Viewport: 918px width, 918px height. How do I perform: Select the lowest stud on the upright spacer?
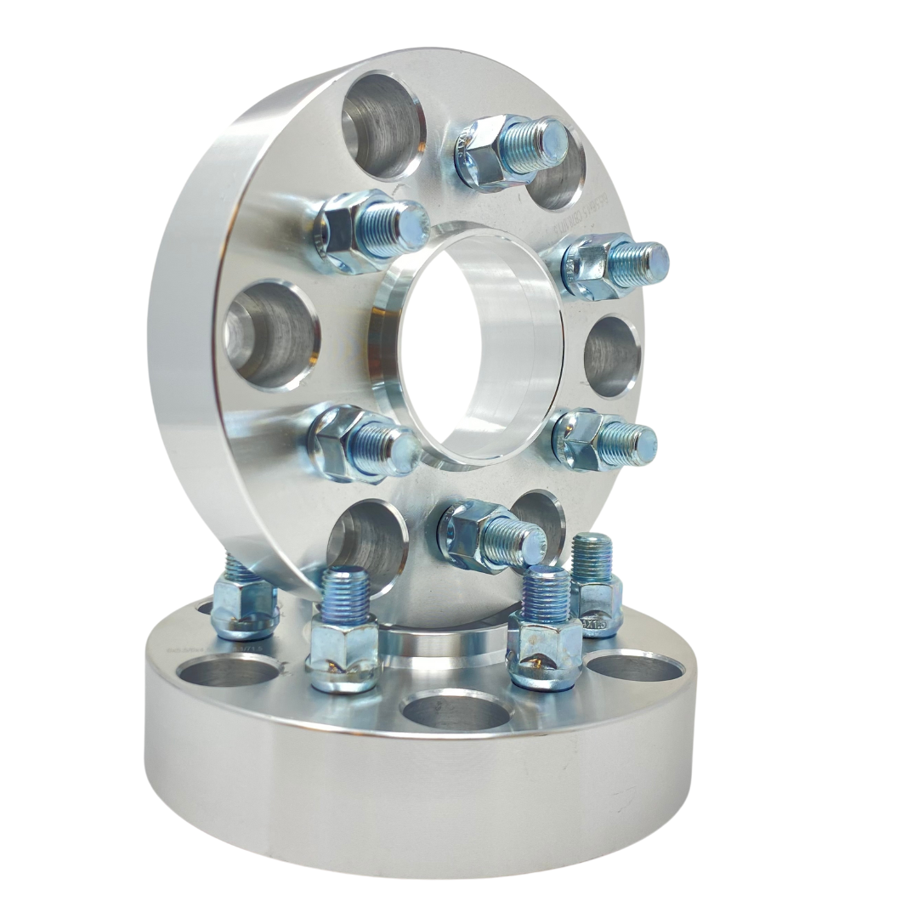click(493, 534)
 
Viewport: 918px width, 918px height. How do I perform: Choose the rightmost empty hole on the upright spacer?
click(614, 357)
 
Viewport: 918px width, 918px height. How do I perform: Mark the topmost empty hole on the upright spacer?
click(382, 126)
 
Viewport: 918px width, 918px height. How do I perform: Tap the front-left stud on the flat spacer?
click(344, 629)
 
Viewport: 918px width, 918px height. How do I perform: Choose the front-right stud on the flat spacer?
click(545, 629)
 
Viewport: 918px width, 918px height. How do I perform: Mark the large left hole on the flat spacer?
click(227, 671)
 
